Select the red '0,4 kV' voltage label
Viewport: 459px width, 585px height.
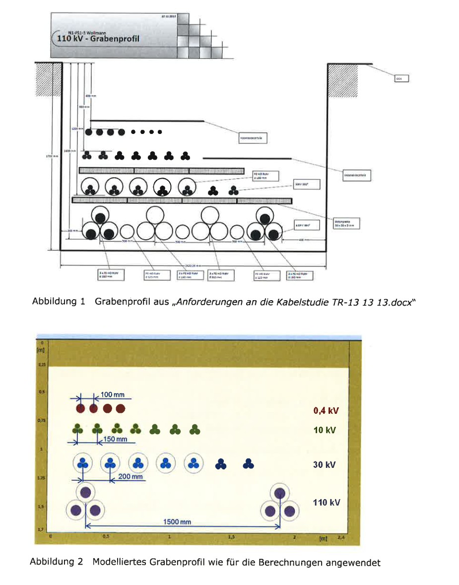(x=326, y=410)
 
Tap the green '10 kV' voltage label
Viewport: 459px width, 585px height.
(x=325, y=430)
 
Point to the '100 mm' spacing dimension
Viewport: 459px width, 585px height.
(x=112, y=395)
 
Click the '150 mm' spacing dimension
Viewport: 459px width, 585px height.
(x=116, y=440)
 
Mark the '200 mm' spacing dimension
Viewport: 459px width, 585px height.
(x=130, y=477)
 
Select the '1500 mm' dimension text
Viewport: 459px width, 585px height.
(x=177, y=522)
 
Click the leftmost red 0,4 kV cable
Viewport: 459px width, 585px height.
(x=80, y=409)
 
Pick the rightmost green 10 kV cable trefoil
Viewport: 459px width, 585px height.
(x=195, y=430)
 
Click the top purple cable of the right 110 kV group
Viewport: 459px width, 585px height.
(x=280, y=493)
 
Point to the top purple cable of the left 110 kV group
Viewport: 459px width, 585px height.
(x=85, y=493)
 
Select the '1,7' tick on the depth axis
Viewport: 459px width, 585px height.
(x=42, y=530)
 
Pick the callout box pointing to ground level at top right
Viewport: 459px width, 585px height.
(x=401, y=78)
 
